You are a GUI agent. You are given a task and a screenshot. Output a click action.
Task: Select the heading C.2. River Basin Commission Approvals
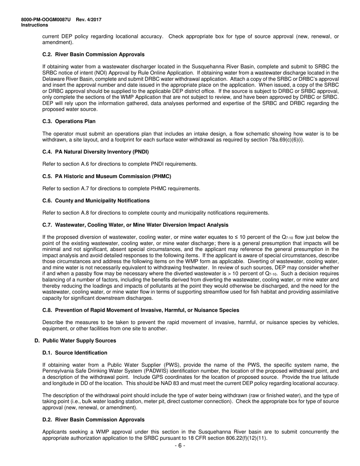[x=93, y=55]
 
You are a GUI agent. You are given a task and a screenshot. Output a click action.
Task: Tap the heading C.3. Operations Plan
[x=69, y=122]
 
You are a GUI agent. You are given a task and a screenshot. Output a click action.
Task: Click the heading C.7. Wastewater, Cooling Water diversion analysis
[x=135, y=225]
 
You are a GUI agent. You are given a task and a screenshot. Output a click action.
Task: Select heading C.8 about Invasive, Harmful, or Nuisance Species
[x=141, y=310]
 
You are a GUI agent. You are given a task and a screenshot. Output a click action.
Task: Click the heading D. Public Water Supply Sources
[x=75, y=341]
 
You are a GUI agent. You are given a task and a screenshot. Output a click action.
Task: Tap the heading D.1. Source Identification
[x=75, y=353]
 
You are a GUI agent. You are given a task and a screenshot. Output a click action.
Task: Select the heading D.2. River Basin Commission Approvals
[x=93, y=420]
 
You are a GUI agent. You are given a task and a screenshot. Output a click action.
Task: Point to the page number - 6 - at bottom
[x=180, y=446]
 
